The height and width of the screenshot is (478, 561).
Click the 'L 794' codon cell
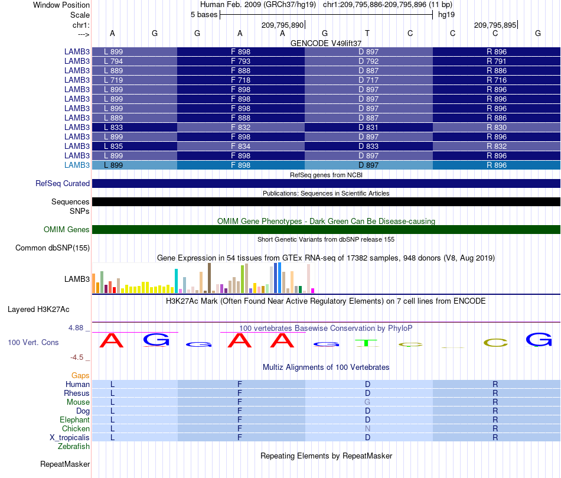[135, 61]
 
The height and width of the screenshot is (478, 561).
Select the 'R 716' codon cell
[497, 80]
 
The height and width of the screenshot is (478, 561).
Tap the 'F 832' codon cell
[241, 127]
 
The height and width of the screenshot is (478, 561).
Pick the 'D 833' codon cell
[368, 146]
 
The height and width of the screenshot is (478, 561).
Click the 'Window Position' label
[61, 5]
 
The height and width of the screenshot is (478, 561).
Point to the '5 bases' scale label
[204, 15]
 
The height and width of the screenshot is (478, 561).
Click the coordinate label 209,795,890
[282, 25]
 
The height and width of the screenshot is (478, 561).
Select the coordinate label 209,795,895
[495, 25]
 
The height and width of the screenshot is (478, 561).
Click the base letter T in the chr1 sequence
[367, 33]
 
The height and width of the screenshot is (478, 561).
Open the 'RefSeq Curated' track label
[63, 183]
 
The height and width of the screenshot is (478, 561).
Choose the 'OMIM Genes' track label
[66, 229]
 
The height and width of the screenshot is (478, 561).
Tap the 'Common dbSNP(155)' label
[52, 248]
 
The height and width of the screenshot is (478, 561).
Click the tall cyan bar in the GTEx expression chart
[176, 281]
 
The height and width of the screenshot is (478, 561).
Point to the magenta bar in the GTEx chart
[313, 291]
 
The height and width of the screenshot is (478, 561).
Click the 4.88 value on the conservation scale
[76, 327]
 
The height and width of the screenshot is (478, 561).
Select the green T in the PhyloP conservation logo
[366, 343]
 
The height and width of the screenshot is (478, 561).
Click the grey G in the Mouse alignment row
[367, 402]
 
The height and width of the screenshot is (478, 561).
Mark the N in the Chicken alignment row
[367, 428]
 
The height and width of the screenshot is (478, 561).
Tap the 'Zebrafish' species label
[74, 447]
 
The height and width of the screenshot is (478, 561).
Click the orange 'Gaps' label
[80, 375]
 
